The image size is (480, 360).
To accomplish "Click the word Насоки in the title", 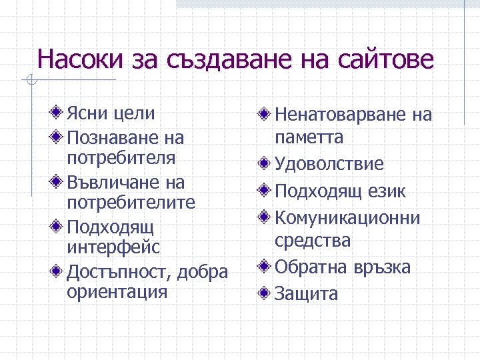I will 79,59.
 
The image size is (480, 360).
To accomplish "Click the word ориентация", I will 117,293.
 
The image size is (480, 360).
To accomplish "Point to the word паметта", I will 309,137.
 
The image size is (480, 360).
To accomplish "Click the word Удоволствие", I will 329,164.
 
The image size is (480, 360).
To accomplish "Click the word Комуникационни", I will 347,218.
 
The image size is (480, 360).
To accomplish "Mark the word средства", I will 313,240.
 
